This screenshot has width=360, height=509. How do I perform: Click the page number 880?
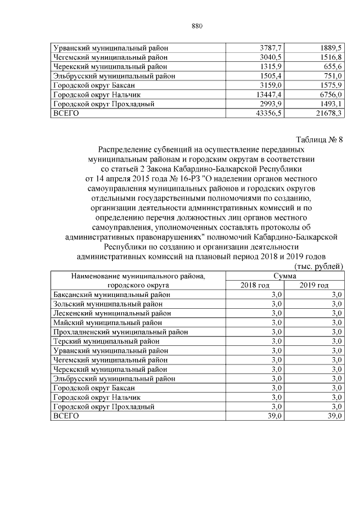(x=196, y=26)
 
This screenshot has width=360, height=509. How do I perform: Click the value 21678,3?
(x=328, y=113)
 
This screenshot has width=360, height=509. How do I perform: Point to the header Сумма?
(x=285, y=276)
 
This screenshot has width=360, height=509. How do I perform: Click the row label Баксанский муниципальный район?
(x=110, y=295)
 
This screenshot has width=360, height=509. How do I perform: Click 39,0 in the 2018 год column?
(x=276, y=416)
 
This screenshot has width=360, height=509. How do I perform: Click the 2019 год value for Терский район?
(x=336, y=341)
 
